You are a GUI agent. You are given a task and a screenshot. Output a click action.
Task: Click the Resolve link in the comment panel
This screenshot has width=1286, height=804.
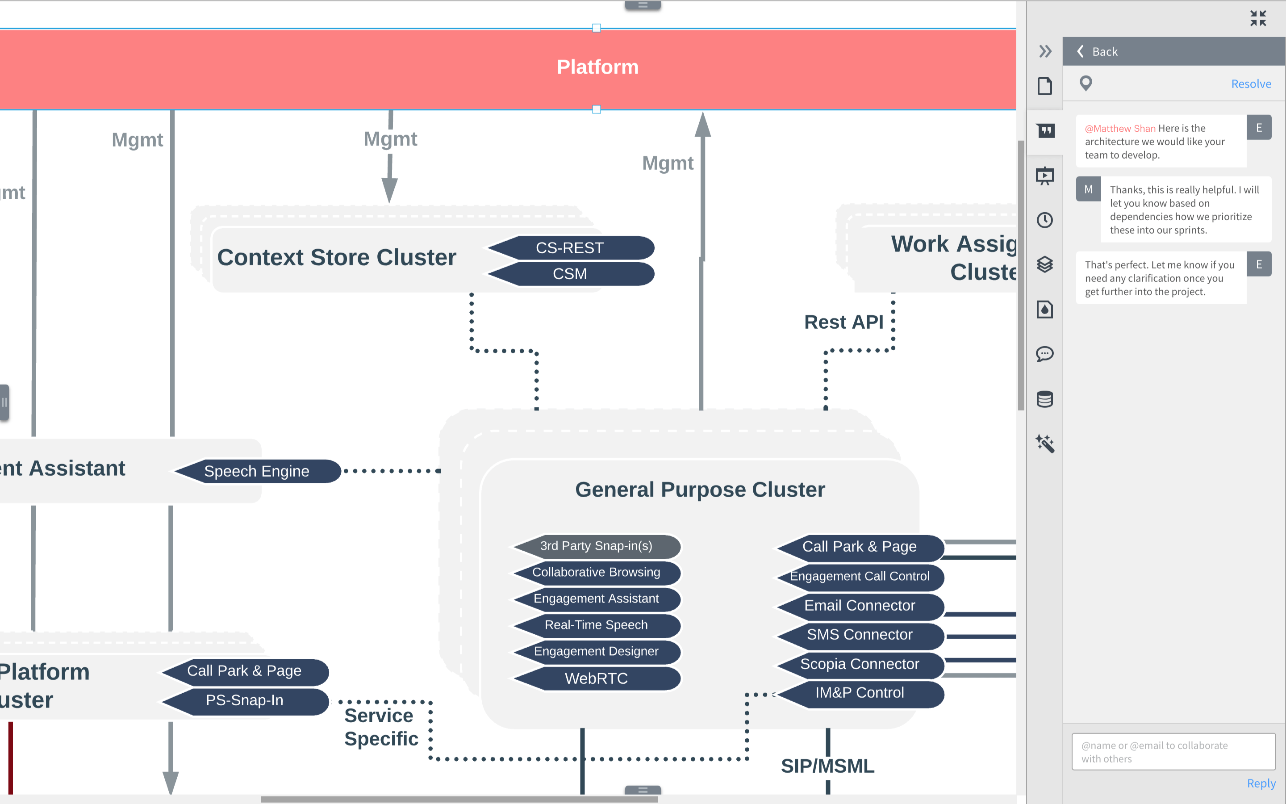(x=1251, y=84)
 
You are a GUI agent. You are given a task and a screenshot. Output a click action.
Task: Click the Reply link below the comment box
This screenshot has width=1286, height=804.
(x=1261, y=783)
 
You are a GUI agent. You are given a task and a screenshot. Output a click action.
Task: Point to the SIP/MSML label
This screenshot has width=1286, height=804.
(x=827, y=766)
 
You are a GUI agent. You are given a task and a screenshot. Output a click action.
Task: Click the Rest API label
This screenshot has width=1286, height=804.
(x=843, y=322)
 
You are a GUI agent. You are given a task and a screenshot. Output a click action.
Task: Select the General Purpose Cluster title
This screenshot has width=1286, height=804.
(x=700, y=490)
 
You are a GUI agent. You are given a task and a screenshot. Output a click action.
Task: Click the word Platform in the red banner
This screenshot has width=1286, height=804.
(x=597, y=67)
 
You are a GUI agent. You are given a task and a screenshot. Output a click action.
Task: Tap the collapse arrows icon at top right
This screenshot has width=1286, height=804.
(x=1258, y=18)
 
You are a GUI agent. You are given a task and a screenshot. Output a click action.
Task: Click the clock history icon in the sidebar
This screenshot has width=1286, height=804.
(x=1045, y=220)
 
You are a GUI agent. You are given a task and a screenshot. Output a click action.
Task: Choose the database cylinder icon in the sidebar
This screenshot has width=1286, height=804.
(x=1045, y=399)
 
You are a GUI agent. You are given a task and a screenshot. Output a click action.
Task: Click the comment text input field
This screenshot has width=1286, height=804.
(x=1173, y=752)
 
